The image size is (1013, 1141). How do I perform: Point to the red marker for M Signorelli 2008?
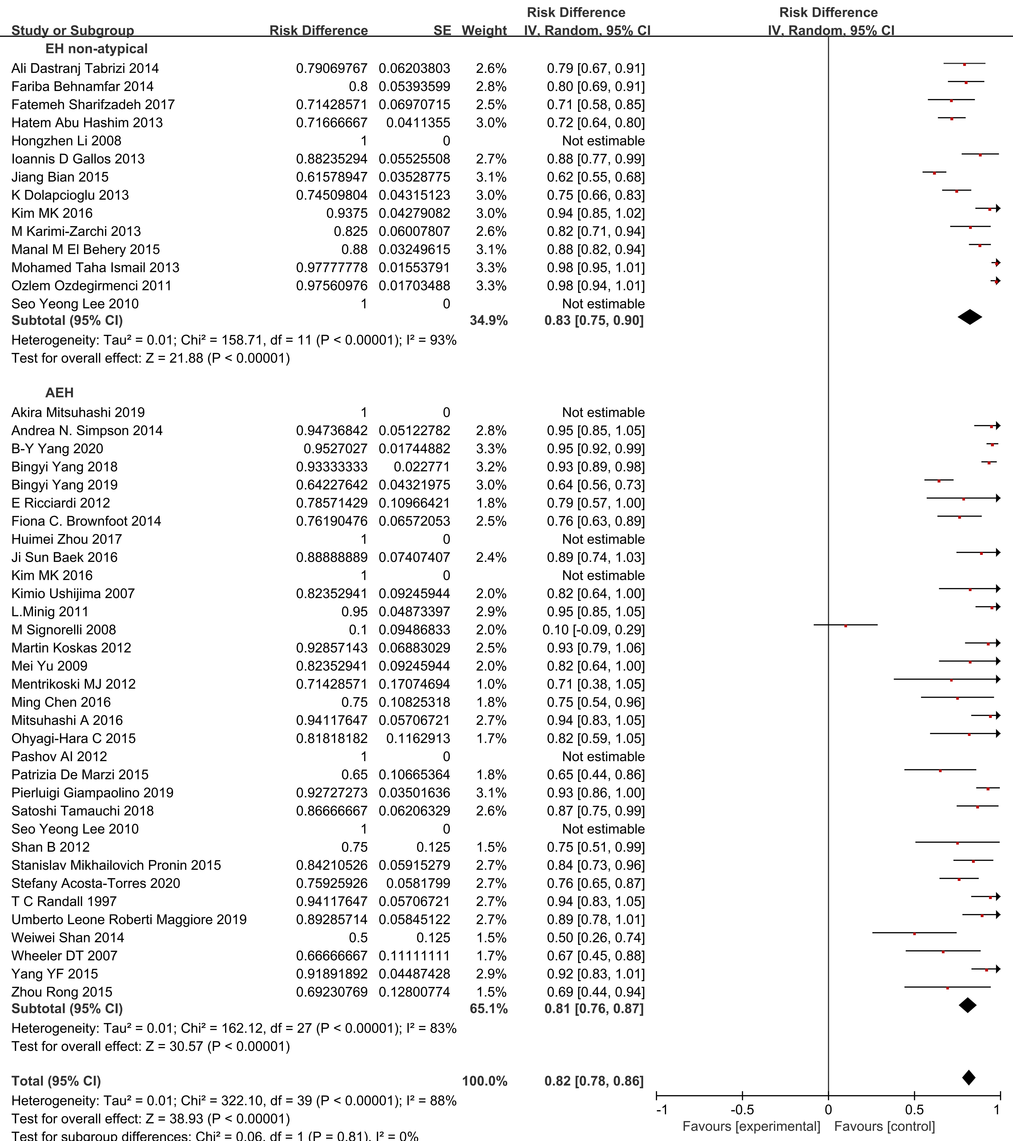846,626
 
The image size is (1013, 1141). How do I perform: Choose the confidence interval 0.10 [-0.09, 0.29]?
593,630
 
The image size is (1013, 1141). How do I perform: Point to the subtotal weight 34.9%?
488,320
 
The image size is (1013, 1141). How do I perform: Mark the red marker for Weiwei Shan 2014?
914,933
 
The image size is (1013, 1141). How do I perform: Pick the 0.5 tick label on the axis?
914,1110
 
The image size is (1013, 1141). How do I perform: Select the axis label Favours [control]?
885,1127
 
